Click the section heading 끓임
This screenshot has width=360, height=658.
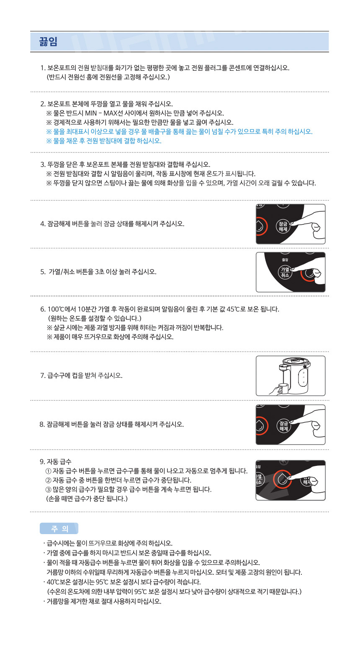(48, 41)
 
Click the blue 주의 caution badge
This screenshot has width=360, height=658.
(59, 528)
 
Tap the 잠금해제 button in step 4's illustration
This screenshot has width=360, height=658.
(283, 226)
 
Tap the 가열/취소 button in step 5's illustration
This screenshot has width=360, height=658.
(285, 272)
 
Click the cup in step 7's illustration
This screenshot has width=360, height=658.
(283, 388)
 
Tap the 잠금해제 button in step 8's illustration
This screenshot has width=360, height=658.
(283, 426)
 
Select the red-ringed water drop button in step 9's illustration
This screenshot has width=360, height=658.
(282, 479)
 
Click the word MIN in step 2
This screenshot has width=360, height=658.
(91, 113)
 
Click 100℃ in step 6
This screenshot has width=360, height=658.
(56, 309)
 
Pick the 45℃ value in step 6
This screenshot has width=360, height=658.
(233, 309)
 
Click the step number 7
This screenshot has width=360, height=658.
(42, 375)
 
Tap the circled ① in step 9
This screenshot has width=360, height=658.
(49, 471)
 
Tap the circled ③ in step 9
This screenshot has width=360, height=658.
(49, 489)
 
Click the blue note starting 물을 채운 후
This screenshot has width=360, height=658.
(104, 141)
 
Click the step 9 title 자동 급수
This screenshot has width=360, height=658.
(59, 462)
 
